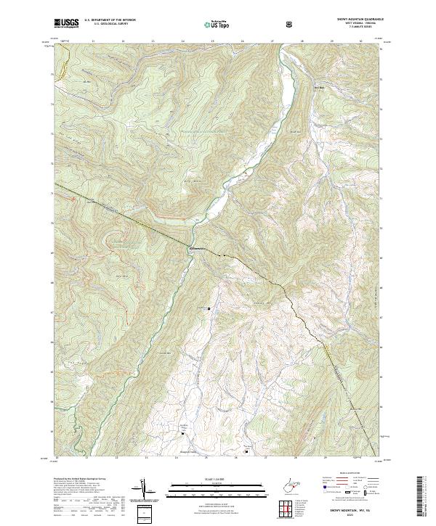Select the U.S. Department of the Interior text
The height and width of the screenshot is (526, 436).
[x=107, y=20]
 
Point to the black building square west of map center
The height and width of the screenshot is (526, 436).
[x=210, y=308]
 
